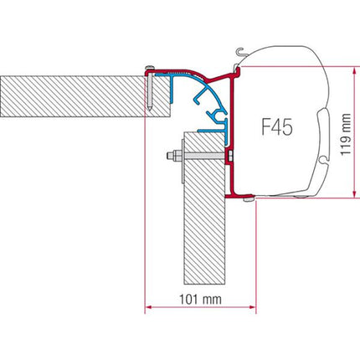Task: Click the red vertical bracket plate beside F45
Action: coord(234,126)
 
